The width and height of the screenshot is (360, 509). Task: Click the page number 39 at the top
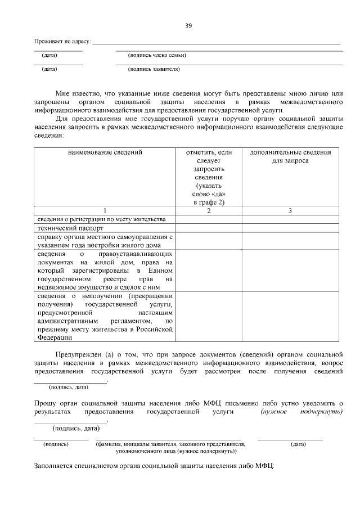click(x=188, y=25)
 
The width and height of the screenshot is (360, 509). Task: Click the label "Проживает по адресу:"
click(x=62, y=42)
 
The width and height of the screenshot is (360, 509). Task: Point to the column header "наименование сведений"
click(x=105, y=152)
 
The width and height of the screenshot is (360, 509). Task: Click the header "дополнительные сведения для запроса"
click(x=290, y=156)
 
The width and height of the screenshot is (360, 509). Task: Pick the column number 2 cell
click(x=209, y=210)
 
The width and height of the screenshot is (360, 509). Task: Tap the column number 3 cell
click(x=290, y=210)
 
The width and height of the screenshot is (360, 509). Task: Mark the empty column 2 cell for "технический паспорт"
click(x=209, y=229)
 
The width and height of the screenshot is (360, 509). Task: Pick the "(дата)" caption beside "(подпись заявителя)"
click(x=50, y=70)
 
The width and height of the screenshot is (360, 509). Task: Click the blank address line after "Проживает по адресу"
click(x=217, y=41)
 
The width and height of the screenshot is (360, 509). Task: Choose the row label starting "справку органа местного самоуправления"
click(x=104, y=241)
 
